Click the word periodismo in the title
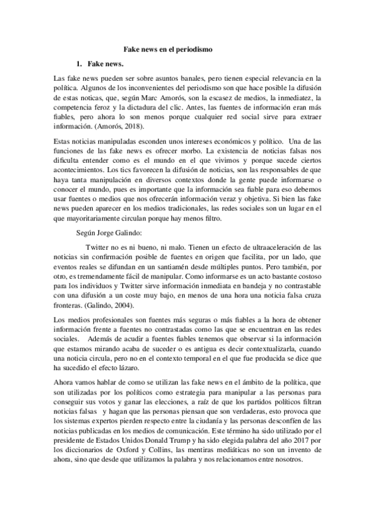coord(194,48)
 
